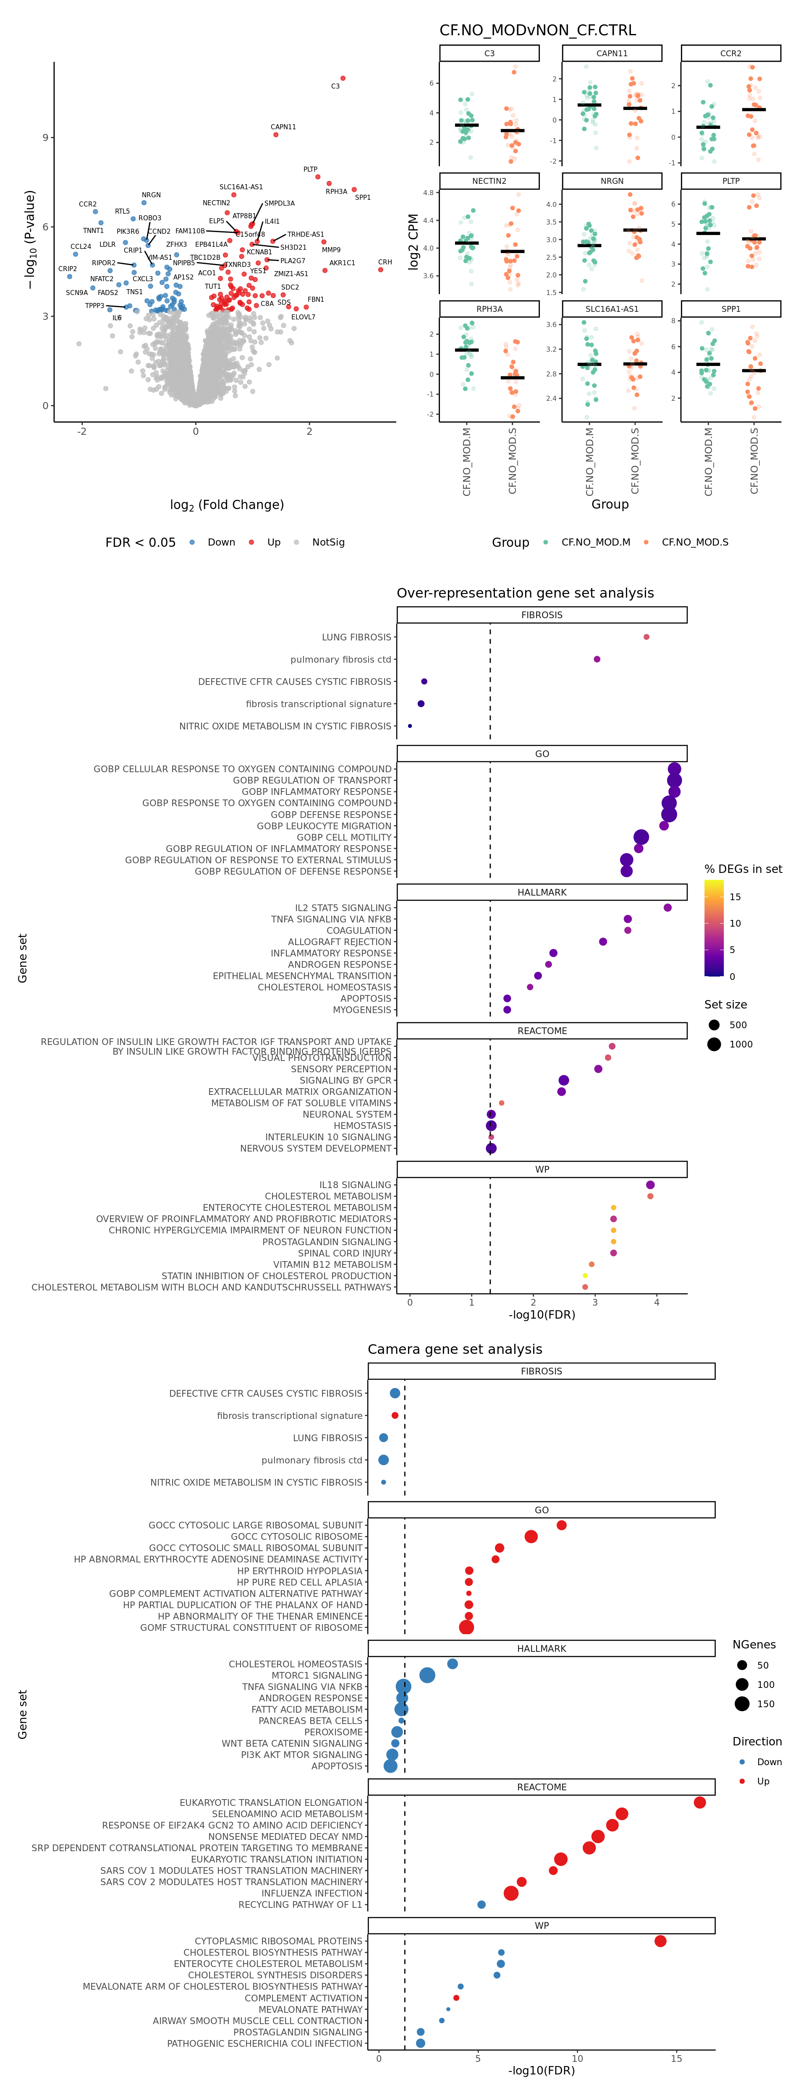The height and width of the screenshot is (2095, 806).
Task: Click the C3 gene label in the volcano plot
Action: (335, 86)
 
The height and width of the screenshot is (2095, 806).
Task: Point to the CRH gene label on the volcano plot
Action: (385, 262)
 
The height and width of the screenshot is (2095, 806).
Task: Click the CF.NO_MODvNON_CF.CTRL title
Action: (538, 30)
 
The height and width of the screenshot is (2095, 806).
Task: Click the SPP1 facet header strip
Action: (730, 309)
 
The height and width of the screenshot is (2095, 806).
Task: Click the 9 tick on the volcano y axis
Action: (45, 138)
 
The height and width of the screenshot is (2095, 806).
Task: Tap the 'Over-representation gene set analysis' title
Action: (525, 593)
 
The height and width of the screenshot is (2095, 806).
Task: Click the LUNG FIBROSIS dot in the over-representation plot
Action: (646, 637)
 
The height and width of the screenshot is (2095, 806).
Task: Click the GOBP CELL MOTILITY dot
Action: (641, 837)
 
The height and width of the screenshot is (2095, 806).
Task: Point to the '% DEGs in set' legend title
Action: (743, 869)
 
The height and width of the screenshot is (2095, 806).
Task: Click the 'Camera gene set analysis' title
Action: (455, 1349)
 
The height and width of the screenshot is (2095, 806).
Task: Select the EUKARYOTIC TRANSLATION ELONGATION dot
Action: (699, 1802)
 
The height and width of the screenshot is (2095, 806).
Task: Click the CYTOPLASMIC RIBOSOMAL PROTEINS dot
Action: (660, 1941)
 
